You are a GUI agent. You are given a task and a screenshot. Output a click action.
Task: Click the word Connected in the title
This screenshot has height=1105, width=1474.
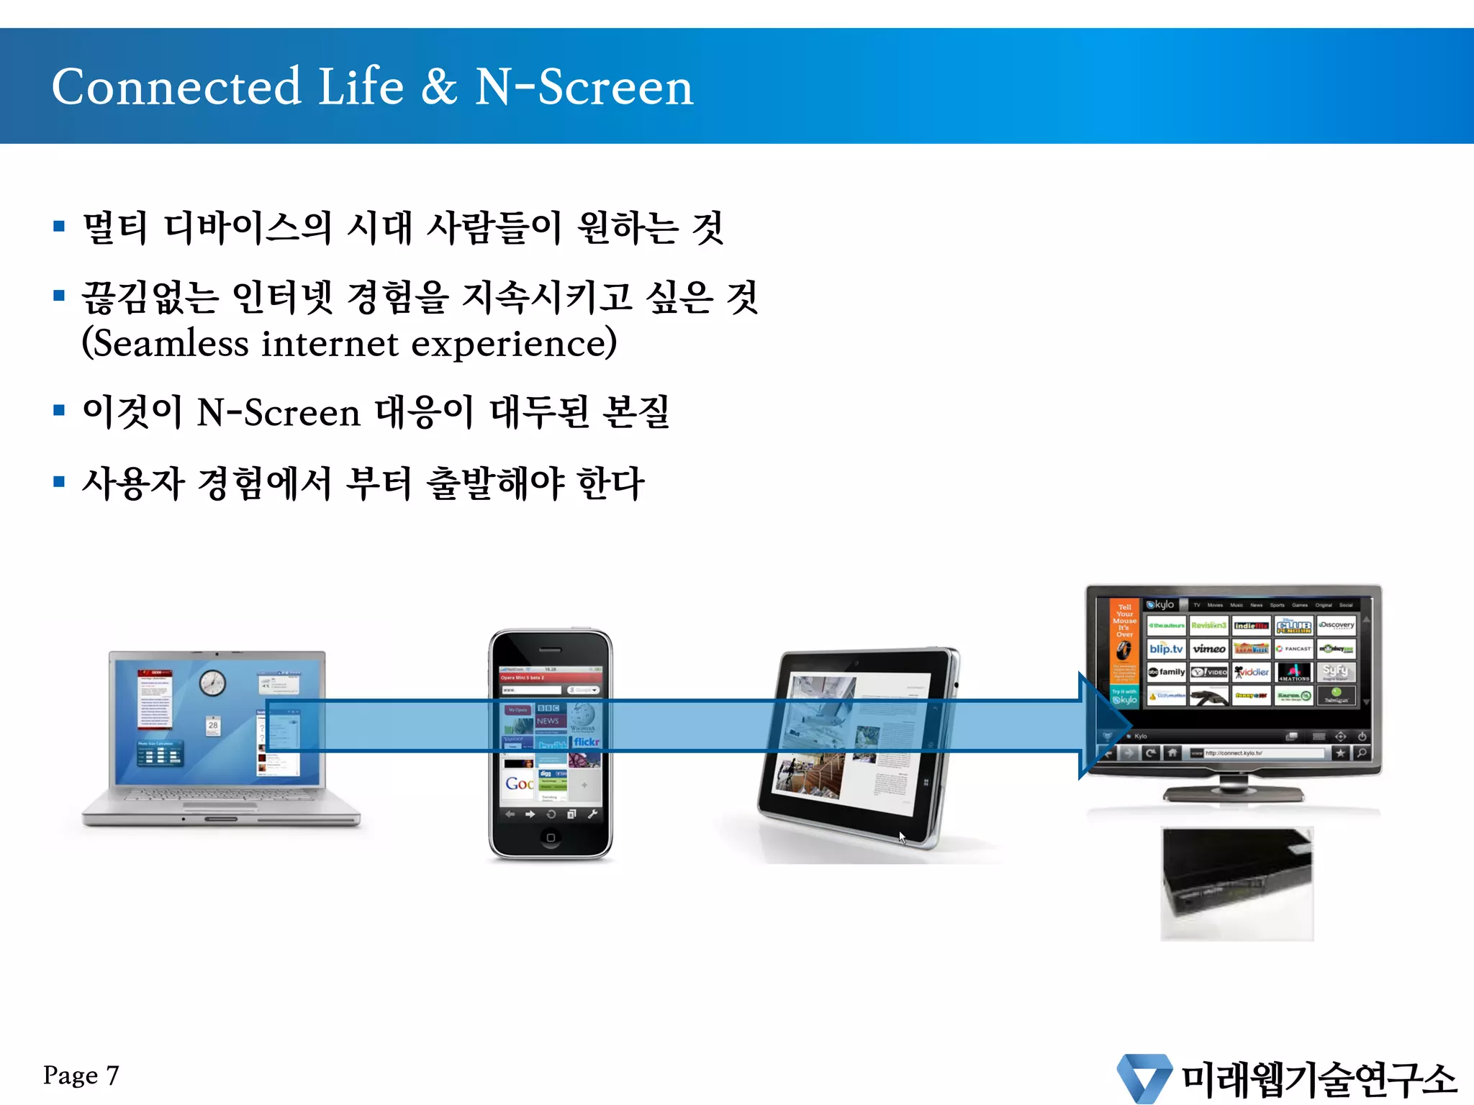click(x=176, y=87)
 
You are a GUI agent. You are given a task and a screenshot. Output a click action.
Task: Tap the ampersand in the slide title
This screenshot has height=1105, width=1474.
click(x=438, y=87)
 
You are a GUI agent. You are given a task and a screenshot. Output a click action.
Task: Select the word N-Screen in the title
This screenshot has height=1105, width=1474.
click(x=584, y=87)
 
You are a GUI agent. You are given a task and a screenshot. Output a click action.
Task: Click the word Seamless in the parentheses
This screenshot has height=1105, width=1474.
click(x=171, y=343)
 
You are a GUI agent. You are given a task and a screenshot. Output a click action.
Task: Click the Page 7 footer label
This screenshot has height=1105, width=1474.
click(x=81, y=1076)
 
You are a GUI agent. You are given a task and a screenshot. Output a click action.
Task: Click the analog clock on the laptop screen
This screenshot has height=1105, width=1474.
click(x=212, y=682)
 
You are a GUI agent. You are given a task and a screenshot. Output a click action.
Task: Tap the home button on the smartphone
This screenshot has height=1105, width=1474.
click(x=551, y=837)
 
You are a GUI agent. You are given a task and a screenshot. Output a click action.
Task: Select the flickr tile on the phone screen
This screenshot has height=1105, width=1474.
click(x=586, y=742)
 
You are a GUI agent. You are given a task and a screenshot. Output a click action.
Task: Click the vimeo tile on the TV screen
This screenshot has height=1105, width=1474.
click(x=1208, y=649)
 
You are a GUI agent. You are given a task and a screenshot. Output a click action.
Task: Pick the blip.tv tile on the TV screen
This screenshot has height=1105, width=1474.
click(x=1166, y=649)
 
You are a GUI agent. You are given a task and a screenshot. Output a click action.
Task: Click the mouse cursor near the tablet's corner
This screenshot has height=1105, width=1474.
click(x=902, y=837)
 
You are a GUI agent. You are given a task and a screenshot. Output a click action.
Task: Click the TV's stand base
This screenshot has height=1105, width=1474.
click(x=1234, y=793)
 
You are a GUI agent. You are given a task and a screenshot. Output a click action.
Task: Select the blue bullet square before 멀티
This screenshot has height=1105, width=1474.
click(x=59, y=227)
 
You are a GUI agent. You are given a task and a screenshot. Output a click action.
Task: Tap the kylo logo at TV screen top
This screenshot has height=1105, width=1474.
click(x=1161, y=605)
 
